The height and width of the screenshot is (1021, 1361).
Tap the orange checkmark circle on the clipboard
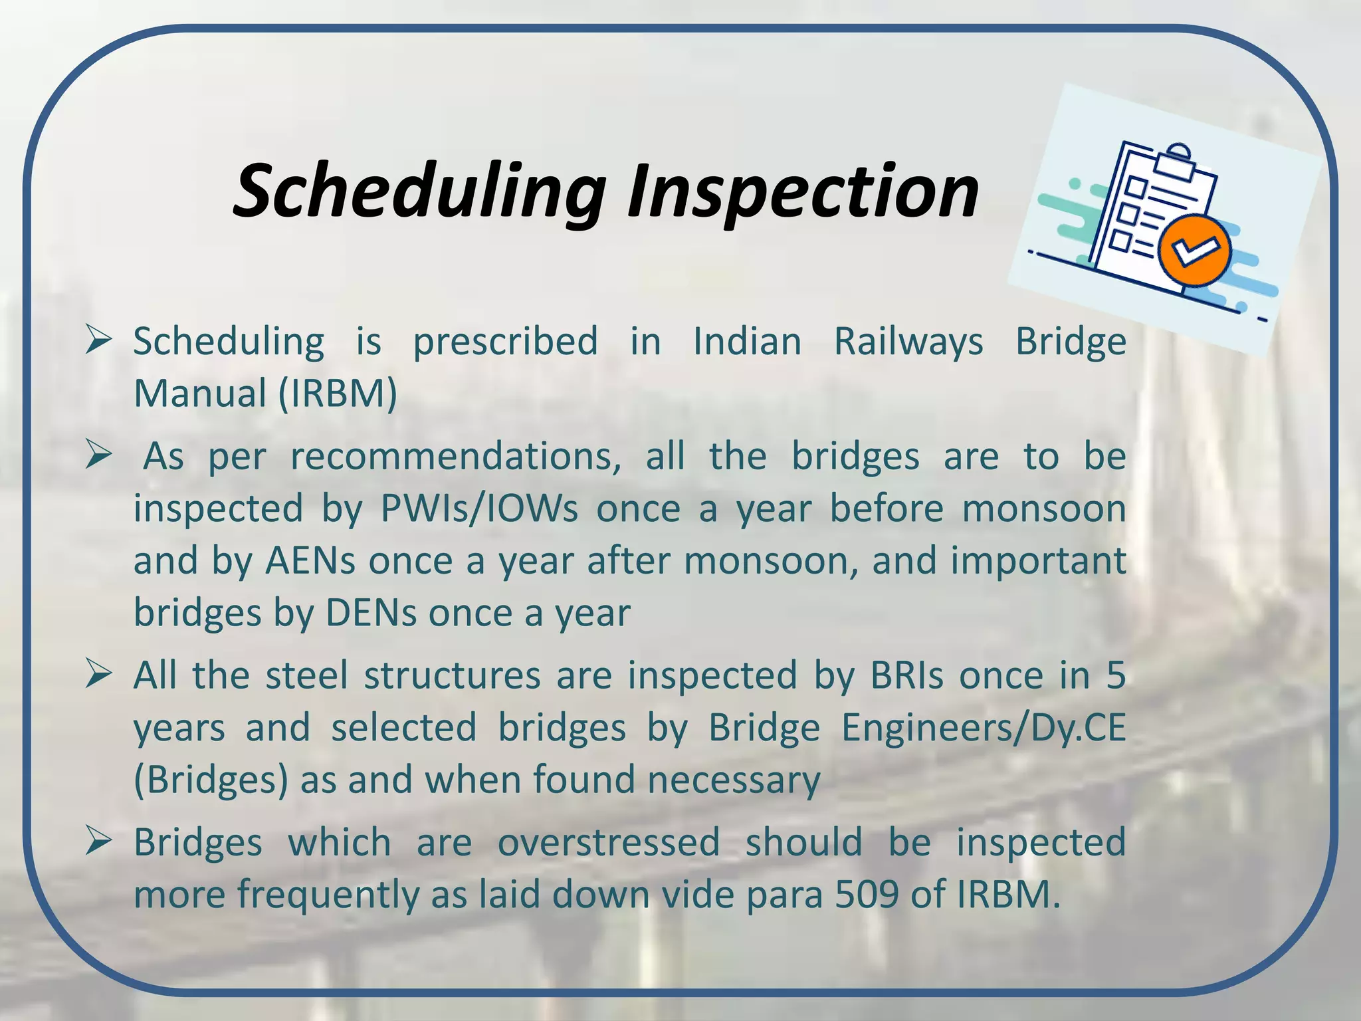(1194, 251)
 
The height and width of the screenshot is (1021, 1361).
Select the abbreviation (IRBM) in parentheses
(337, 394)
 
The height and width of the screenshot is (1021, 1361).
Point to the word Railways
(908, 342)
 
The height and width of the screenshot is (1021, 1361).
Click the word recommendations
(455, 457)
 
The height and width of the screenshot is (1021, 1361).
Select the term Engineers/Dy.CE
(984, 728)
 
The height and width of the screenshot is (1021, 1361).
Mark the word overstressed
(609, 843)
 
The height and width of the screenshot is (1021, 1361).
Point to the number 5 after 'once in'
(1116, 676)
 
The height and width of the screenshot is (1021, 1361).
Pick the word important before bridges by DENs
(1038, 561)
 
